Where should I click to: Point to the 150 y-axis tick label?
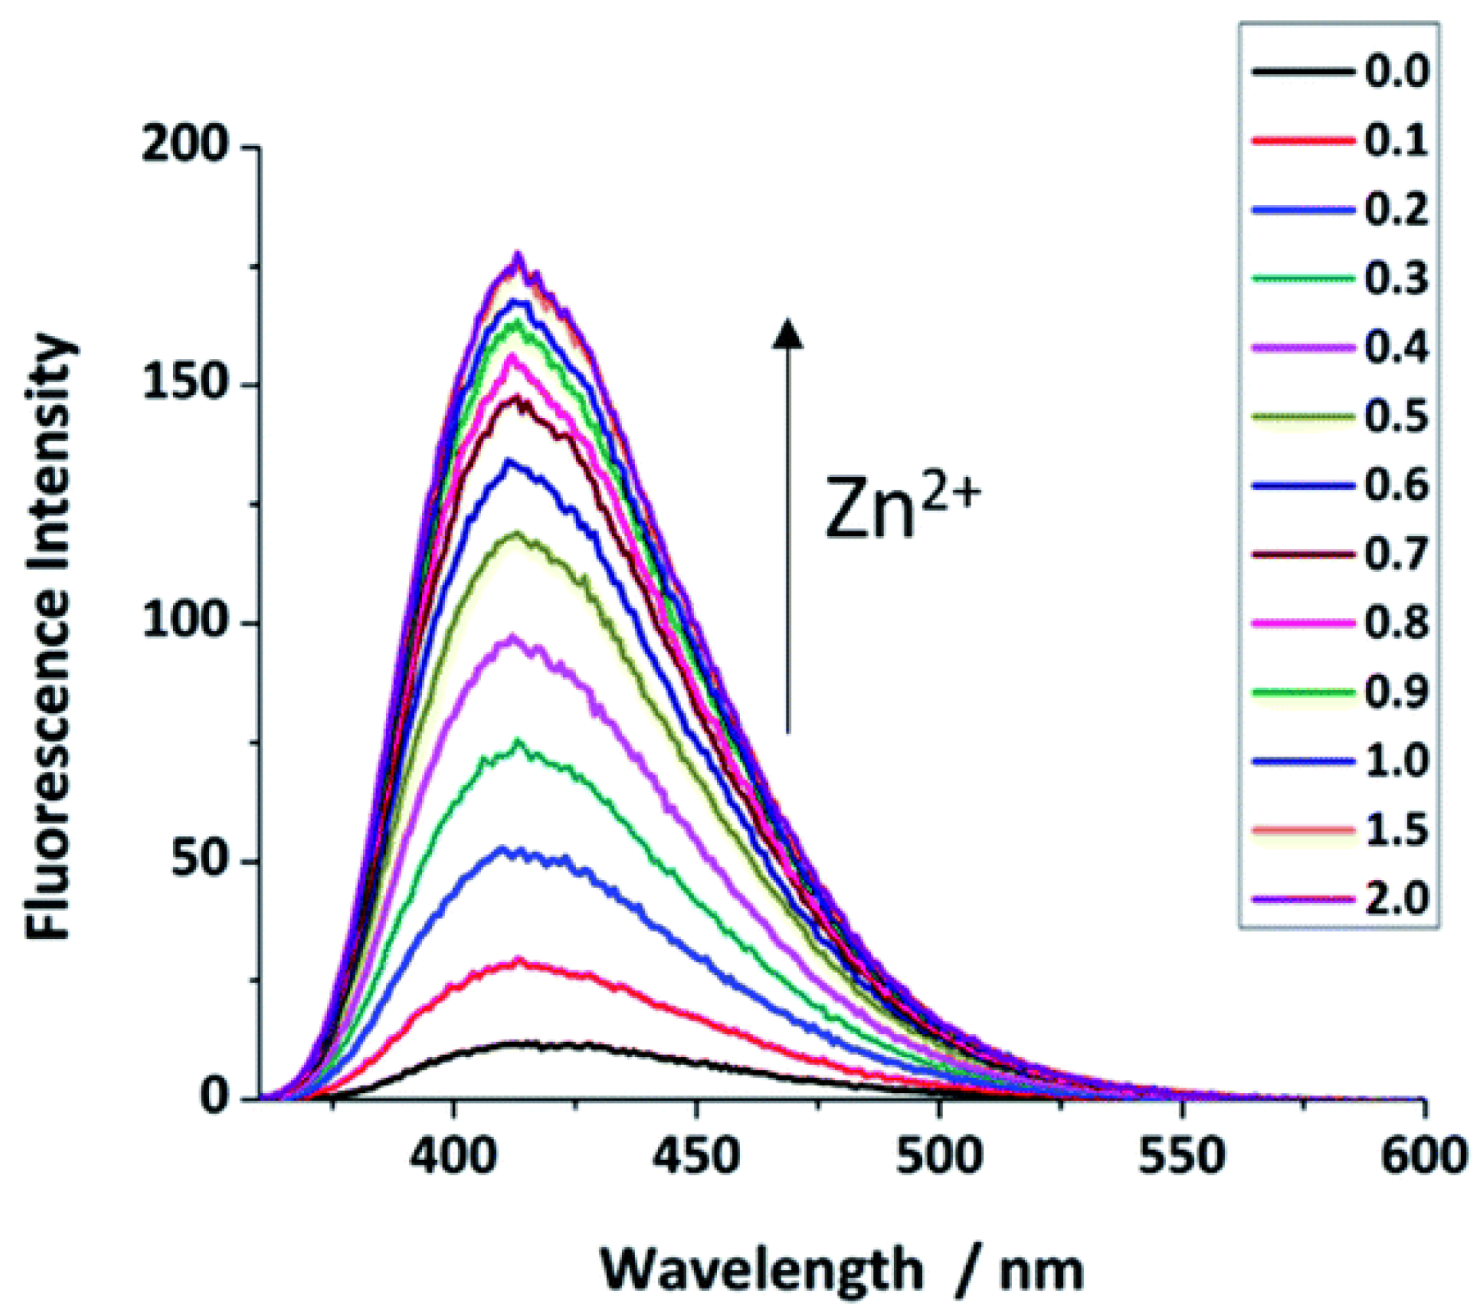(x=185, y=384)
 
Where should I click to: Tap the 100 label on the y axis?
(x=185, y=621)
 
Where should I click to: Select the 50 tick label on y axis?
(x=199, y=861)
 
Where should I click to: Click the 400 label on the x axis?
(x=452, y=1155)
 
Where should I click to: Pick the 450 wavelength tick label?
(x=696, y=1155)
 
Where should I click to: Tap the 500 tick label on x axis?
(x=939, y=1155)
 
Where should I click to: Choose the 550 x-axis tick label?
(x=1181, y=1155)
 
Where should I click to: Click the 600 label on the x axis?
(x=1424, y=1155)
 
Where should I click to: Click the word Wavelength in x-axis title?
(x=762, y=1269)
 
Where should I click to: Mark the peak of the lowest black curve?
(x=518, y=1043)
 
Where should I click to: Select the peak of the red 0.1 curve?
(x=520, y=961)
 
